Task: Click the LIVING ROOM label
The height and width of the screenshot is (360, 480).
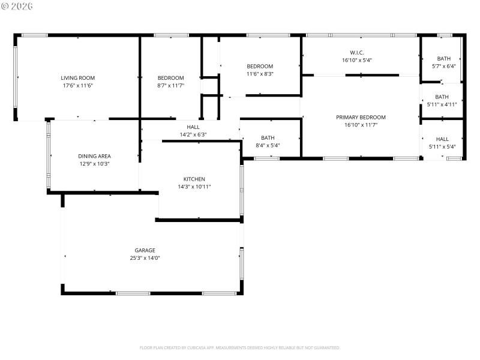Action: point(77,78)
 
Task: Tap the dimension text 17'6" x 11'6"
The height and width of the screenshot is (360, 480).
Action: point(77,86)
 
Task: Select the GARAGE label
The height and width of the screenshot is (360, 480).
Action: point(145,250)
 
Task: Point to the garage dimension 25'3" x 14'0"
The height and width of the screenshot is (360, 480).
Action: point(145,258)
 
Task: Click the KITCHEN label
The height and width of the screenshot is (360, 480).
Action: point(194,179)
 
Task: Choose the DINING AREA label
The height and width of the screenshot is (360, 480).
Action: point(94,156)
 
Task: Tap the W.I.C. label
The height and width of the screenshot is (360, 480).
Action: point(357,53)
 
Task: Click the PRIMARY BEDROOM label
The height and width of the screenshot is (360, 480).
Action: point(361,118)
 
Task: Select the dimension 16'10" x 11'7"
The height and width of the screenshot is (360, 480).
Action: point(361,125)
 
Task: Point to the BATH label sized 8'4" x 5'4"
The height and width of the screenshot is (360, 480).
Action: point(268,138)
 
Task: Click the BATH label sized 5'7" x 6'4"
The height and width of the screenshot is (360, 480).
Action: point(443,58)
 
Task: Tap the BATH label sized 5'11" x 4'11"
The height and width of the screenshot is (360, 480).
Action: point(442,97)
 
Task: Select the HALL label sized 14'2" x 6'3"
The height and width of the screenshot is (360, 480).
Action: point(193,127)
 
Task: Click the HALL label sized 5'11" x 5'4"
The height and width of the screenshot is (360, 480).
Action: point(442,139)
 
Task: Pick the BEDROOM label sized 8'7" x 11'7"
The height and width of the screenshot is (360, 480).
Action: point(170,78)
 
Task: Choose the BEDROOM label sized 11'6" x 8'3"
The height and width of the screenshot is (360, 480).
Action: point(260,66)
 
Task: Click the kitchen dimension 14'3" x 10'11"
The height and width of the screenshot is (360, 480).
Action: point(194,187)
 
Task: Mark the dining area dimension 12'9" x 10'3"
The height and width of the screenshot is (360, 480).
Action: point(94,164)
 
